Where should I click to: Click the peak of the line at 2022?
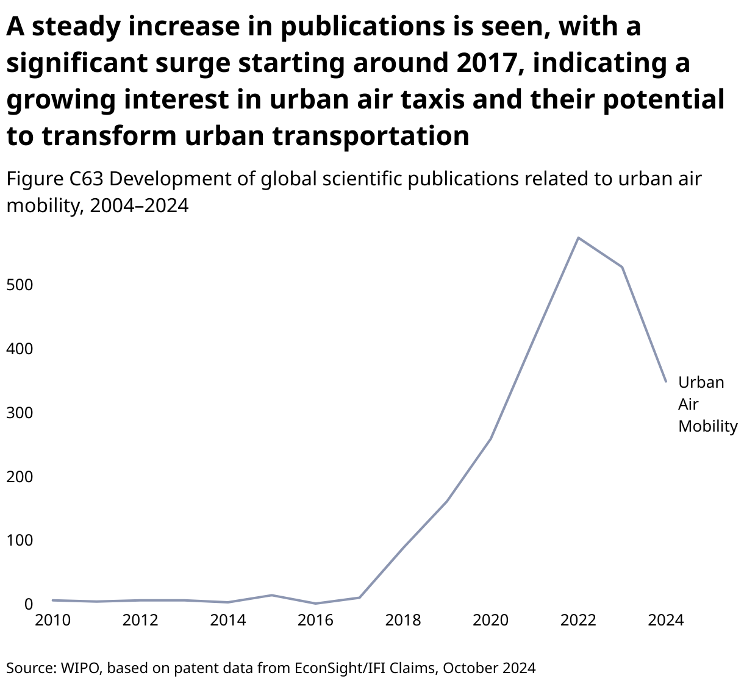[578, 238]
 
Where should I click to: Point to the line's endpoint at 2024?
[666, 382]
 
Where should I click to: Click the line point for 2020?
[491, 439]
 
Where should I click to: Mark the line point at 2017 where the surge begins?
[359, 597]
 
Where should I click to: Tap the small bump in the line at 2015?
[272, 595]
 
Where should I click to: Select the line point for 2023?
[622, 267]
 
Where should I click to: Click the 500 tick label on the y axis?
[20, 285]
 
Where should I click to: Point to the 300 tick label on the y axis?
[20, 413]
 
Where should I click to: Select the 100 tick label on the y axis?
[20, 540]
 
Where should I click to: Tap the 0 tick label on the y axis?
[28, 604]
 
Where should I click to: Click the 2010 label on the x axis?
[53, 621]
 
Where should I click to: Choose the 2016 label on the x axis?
[315, 621]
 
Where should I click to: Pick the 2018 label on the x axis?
[403, 621]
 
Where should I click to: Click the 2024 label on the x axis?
[666, 621]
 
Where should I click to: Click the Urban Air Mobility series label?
[707, 404]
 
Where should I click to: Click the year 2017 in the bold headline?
[482, 63]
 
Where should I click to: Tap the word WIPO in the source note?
[82, 668]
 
